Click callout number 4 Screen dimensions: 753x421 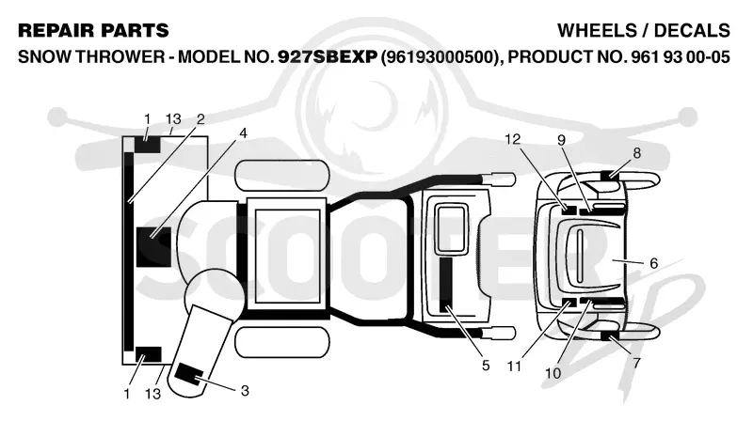(x=243, y=133)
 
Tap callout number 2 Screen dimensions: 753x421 (x=200, y=119)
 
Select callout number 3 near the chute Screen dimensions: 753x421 (x=245, y=391)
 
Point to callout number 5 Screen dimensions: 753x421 (x=486, y=366)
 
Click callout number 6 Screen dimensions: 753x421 (x=653, y=263)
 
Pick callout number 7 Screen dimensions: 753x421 (x=636, y=364)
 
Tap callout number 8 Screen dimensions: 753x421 (x=637, y=153)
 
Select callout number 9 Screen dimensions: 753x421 (x=561, y=140)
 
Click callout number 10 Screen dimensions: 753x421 (x=553, y=373)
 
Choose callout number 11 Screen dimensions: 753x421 (x=514, y=366)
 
